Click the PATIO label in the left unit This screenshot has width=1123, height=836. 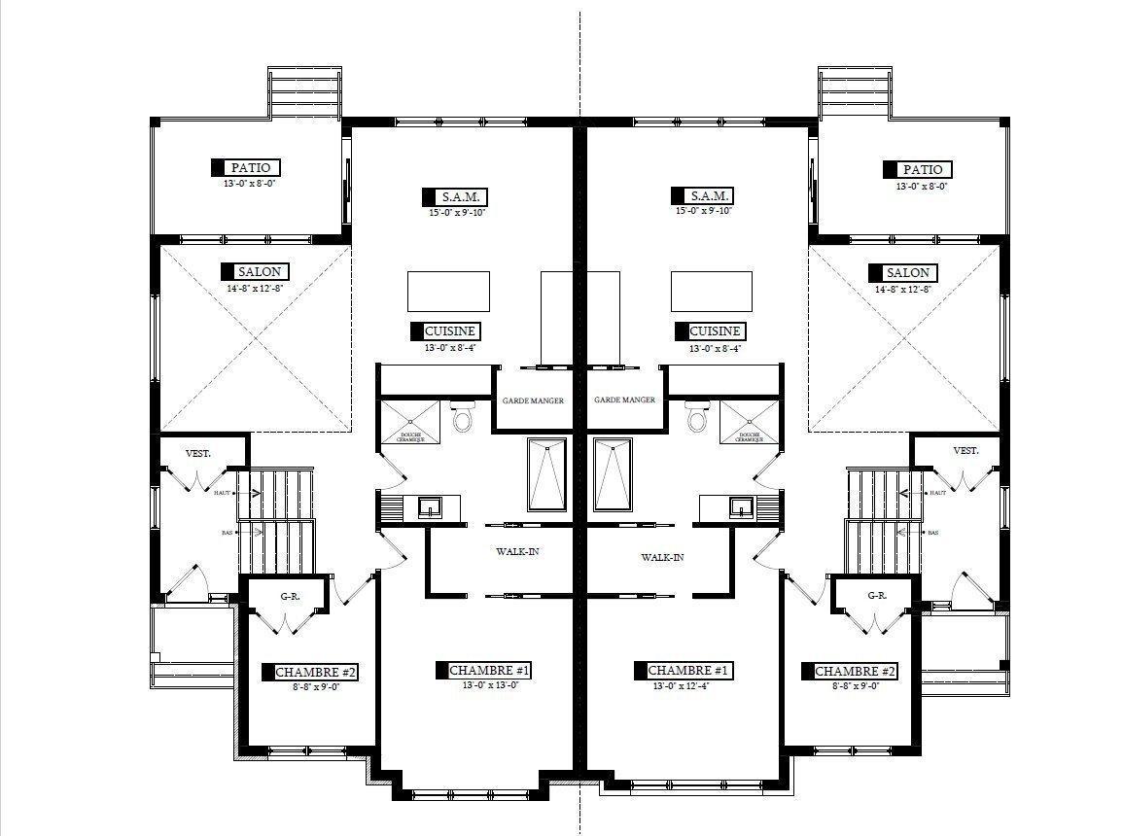(x=251, y=168)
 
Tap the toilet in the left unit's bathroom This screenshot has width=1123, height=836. (x=462, y=418)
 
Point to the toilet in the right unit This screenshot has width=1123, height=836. (x=696, y=418)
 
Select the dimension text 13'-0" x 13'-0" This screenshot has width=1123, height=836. (x=490, y=685)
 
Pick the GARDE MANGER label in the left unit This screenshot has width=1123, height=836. (x=533, y=401)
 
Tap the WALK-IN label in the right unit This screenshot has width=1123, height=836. (x=662, y=558)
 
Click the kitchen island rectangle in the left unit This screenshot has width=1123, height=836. (x=446, y=291)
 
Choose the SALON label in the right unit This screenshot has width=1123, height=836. (x=907, y=273)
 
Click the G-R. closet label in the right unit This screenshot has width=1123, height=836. (x=876, y=595)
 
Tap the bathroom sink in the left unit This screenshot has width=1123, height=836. (x=429, y=506)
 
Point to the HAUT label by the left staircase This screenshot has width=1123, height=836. (x=221, y=494)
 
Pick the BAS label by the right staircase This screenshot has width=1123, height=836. (x=933, y=533)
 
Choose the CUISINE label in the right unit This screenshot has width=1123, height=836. (x=716, y=331)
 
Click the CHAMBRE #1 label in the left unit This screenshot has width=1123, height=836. (x=490, y=671)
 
